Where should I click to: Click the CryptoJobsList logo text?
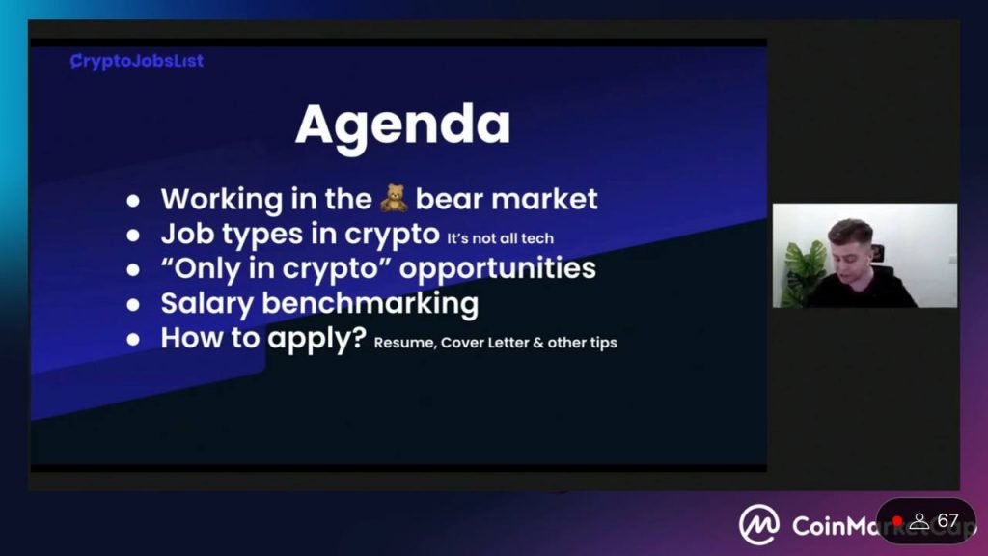tap(137, 61)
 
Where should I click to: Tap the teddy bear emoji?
tap(394, 198)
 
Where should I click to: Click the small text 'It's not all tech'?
tap(501, 238)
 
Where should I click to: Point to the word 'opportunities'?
tap(497, 269)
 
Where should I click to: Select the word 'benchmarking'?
tap(370, 303)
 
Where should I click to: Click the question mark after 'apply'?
tap(359, 337)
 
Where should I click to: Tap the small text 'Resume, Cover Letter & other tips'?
tap(495, 343)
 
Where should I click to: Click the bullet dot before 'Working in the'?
tap(133, 201)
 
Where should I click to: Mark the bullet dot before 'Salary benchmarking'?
tap(133, 305)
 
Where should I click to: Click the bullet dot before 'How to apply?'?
tap(133, 340)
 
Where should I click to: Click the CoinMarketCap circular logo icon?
tap(758, 524)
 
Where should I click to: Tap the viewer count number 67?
tap(947, 520)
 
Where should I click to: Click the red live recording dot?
tap(897, 521)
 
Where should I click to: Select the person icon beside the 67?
tap(919, 520)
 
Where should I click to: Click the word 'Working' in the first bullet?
tap(222, 200)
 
